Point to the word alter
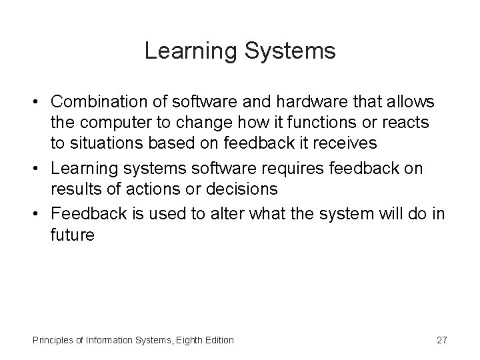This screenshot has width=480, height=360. [x=217, y=214]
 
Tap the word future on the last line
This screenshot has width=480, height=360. [x=72, y=236]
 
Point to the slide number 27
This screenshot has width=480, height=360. [x=441, y=340]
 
